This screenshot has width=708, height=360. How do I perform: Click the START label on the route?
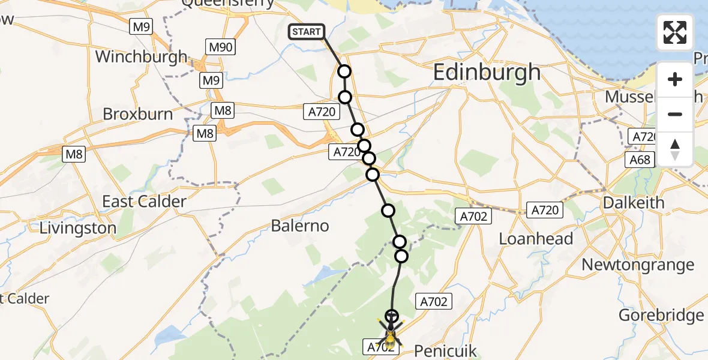pos(307,32)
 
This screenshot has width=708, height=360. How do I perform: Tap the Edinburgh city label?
pos(486,73)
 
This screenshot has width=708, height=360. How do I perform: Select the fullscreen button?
pos(675,32)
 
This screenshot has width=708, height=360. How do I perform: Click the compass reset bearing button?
pos(675,149)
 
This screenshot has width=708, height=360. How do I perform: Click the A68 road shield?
pos(638,160)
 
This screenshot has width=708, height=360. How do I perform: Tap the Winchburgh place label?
pos(141,58)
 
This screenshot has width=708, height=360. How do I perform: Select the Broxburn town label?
pos(137,114)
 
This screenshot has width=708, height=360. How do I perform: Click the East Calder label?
pos(144,202)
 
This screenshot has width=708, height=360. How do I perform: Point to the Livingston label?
pos(78,229)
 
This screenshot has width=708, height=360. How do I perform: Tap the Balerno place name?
pos(300,226)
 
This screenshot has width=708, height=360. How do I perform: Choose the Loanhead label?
pos(536,239)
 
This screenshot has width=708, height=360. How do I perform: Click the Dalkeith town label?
pos(634,203)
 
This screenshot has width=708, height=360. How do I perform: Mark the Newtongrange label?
pos(637,265)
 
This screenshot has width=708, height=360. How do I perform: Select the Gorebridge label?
pos(661,316)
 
